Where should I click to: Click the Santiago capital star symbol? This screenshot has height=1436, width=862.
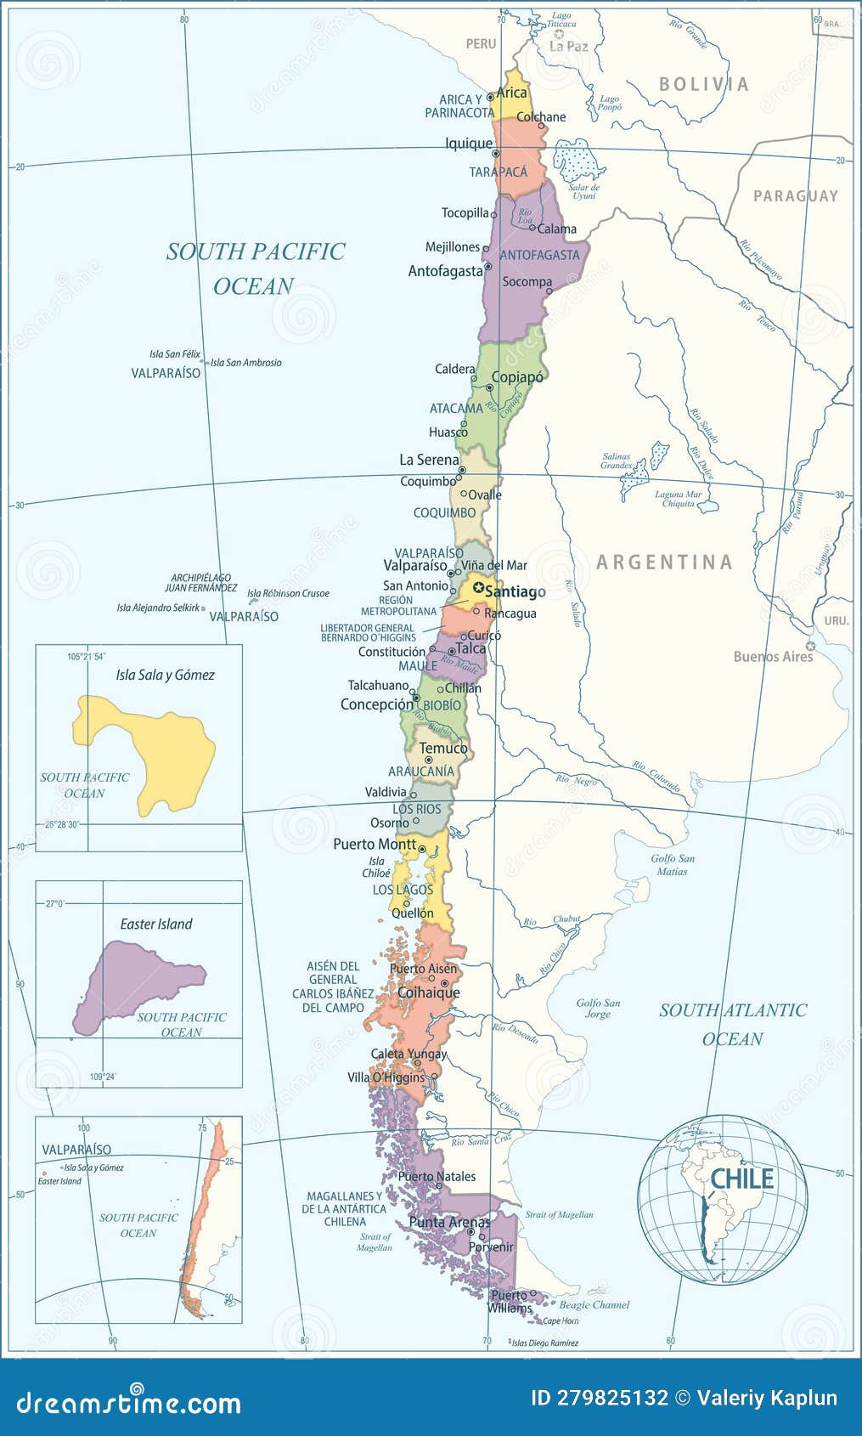pyautogui.click(x=478, y=588)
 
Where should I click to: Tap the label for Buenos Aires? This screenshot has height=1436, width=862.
pyautogui.click(x=773, y=656)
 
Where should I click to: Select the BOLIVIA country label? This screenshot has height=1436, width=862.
pyautogui.click(x=704, y=84)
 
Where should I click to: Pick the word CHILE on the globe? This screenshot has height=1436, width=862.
pyautogui.click(x=741, y=1179)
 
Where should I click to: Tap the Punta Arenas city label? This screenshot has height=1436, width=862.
pyautogui.click(x=449, y=1222)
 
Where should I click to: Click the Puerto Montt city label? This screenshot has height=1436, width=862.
pyautogui.click(x=375, y=844)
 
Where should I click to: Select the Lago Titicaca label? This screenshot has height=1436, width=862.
pyautogui.click(x=561, y=20)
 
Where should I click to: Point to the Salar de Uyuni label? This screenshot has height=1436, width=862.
pyautogui.click(x=584, y=191)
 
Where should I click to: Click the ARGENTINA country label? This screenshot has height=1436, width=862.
pyautogui.click(x=664, y=562)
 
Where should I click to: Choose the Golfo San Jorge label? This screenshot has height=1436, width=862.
pyautogui.click(x=598, y=1008)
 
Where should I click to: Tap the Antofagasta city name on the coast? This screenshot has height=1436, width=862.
pyautogui.click(x=445, y=271)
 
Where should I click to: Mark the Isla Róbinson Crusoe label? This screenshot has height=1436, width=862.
pyautogui.click(x=288, y=593)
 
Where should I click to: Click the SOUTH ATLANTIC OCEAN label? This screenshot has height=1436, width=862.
pyautogui.click(x=733, y=1024)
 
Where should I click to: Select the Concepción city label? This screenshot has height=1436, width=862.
pyautogui.click(x=376, y=704)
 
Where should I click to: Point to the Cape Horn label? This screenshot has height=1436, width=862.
pyautogui.click(x=561, y=1320)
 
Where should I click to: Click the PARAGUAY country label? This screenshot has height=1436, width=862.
pyautogui.click(x=796, y=195)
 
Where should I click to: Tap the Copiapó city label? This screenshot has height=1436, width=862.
pyautogui.click(x=517, y=376)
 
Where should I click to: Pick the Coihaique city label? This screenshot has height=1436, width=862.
pyautogui.click(x=429, y=992)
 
